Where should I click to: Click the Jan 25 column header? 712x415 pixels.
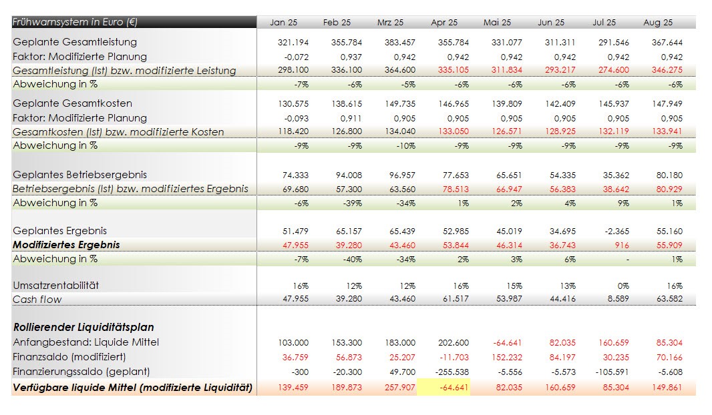click(283, 23)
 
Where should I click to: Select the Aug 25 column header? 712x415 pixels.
click(657, 23)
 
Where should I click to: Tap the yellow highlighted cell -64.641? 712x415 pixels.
click(443, 387)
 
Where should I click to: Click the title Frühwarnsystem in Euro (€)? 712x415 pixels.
click(75, 22)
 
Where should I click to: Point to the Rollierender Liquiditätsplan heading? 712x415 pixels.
click(83, 328)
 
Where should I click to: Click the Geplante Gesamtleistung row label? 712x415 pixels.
click(75, 42)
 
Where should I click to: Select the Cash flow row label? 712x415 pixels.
click(37, 300)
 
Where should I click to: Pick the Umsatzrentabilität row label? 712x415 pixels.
click(56, 286)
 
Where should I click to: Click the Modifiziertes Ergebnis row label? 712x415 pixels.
click(67, 245)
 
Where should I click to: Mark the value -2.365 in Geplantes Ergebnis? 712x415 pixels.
click(614, 232)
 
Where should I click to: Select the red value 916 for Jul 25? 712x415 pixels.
click(621, 246)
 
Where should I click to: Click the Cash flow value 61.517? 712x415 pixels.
click(454, 300)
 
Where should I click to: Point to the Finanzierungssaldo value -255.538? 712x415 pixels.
click(451, 372)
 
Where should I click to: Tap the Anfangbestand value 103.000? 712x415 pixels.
click(293, 343)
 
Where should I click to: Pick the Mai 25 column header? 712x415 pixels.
click(497, 23)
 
